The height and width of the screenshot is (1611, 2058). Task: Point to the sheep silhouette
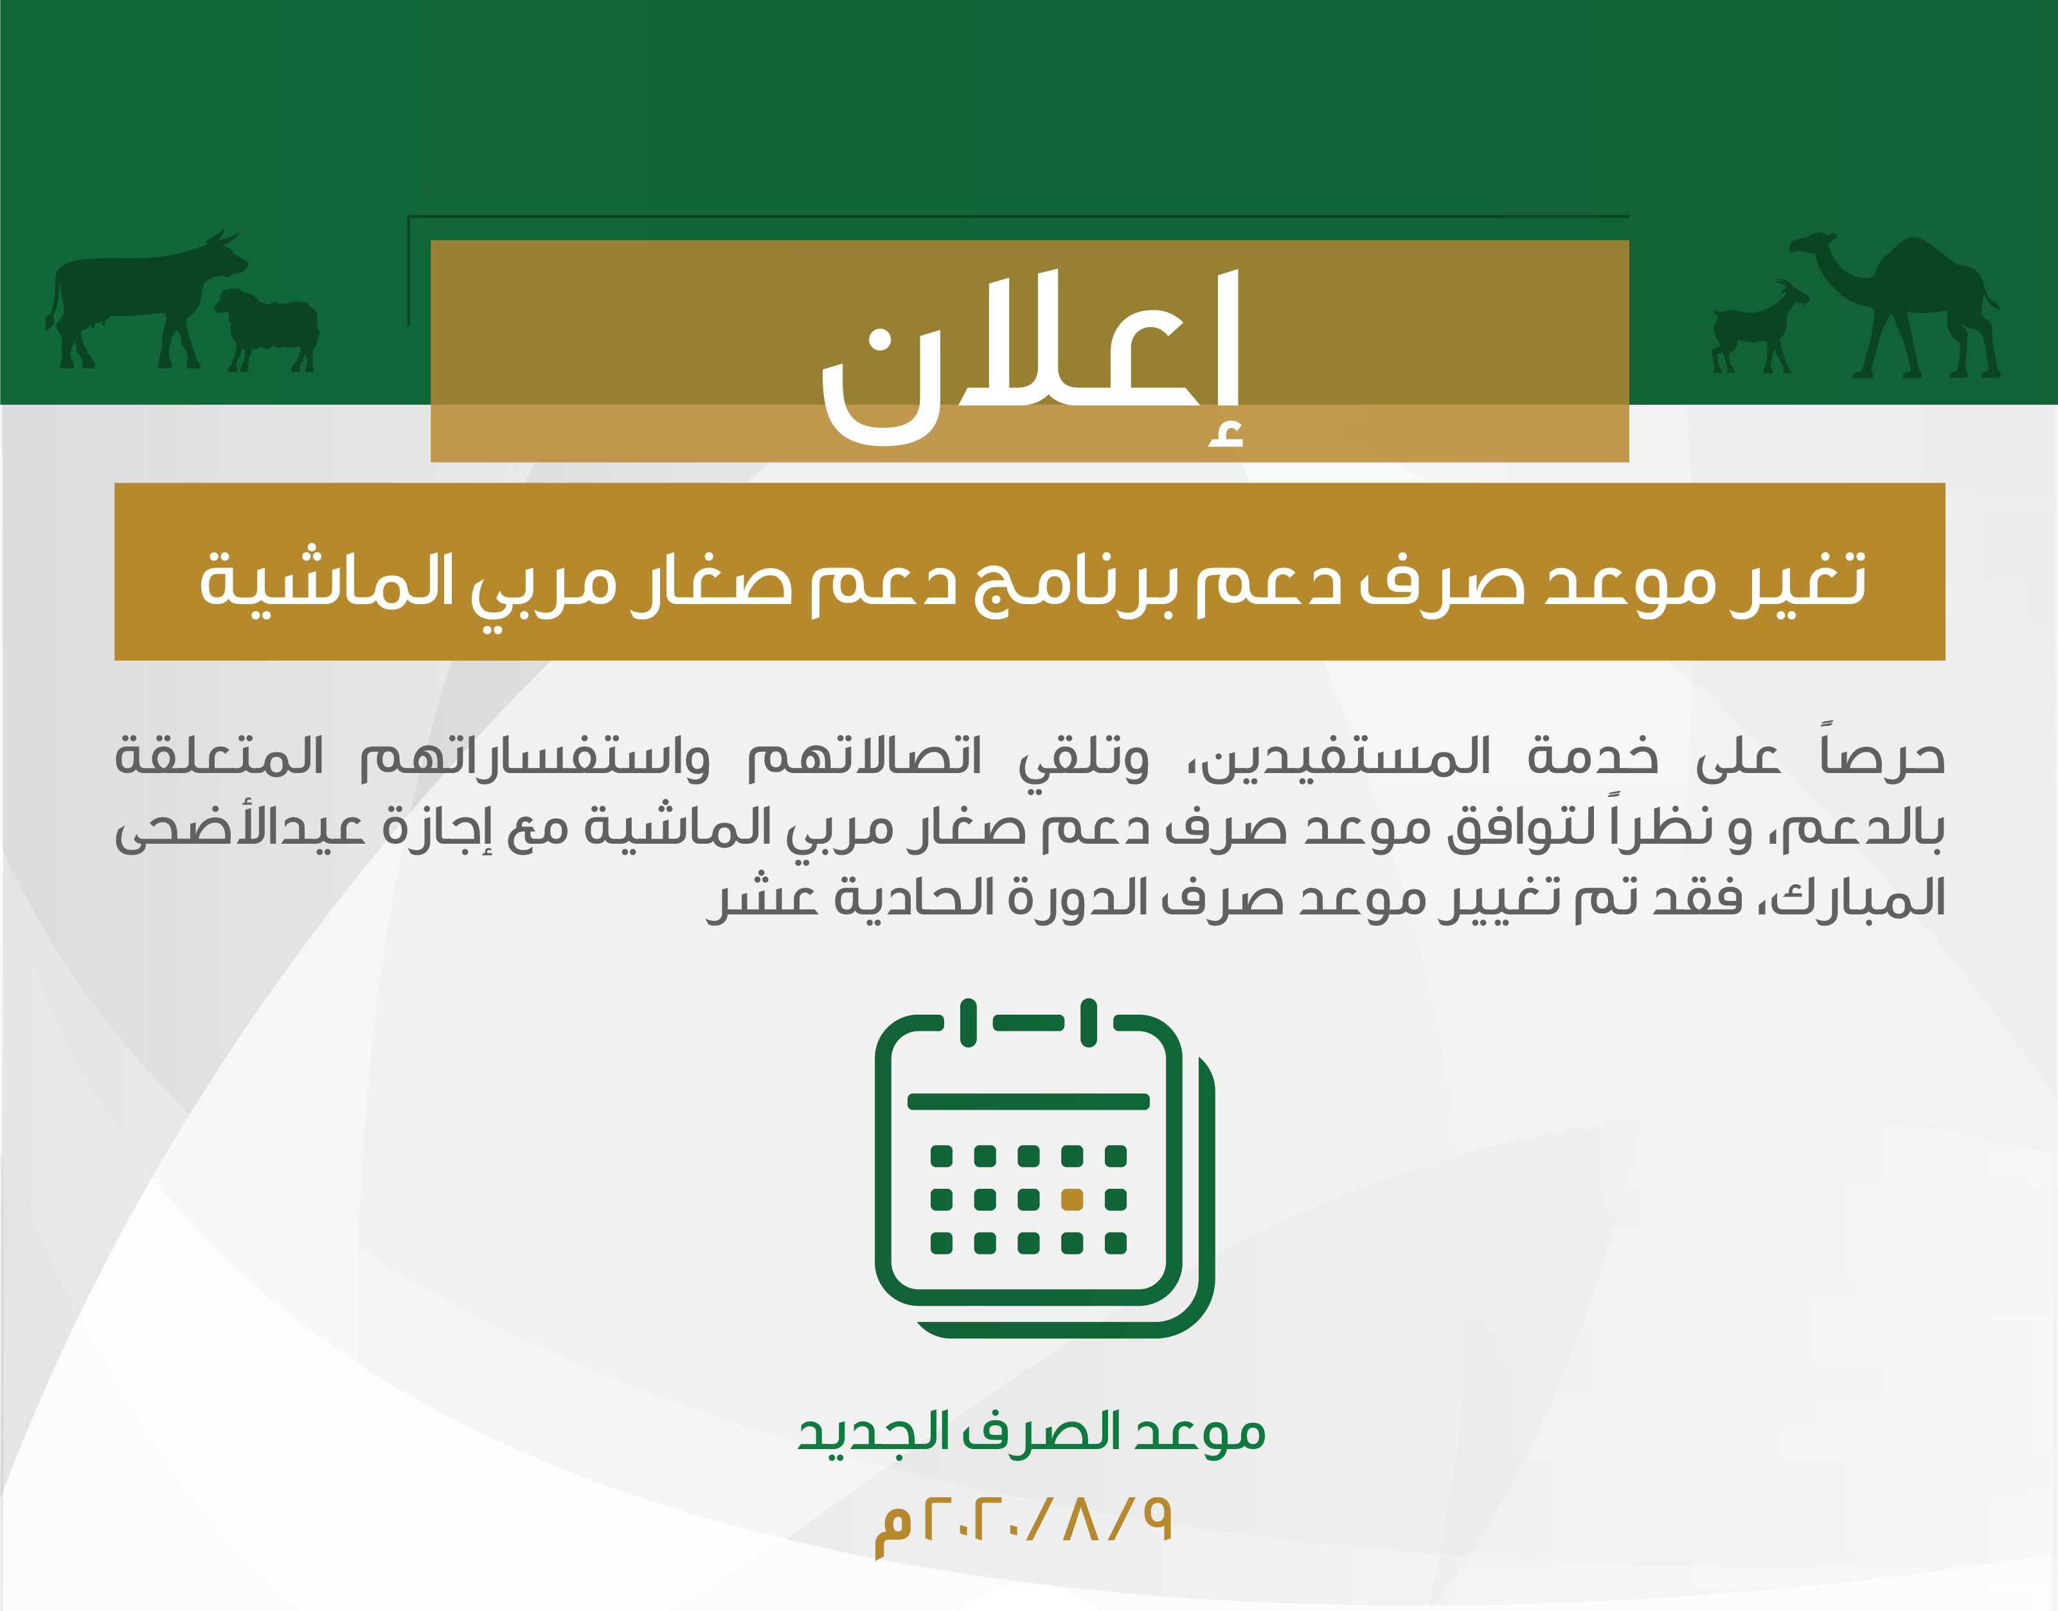[x=267, y=330]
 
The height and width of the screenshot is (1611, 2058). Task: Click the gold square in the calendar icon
[x=1071, y=1200]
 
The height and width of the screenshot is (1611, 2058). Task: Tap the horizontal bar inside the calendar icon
[x=1028, y=1101]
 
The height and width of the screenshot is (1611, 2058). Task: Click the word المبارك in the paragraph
[x=1858, y=897]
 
